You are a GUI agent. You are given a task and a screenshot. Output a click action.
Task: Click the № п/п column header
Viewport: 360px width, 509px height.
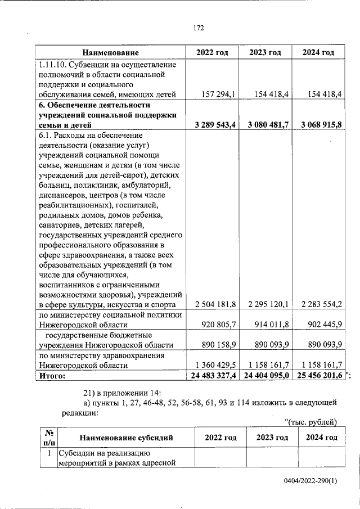click(49, 438)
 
